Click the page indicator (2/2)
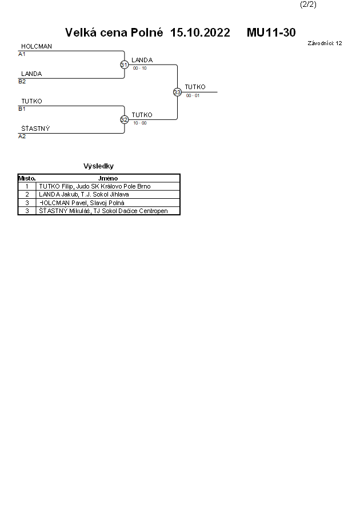(x=308, y=5)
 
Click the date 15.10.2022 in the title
(x=200, y=33)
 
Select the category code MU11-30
(x=271, y=33)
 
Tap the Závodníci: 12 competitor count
(x=325, y=43)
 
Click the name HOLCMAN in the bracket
(x=37, y=46)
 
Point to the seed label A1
(x=22, y=54)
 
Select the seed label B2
(x=22, y=82)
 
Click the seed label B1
(x=22, y=109)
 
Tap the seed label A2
(x=22, y=137)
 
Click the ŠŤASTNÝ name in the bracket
(x=35, y=129)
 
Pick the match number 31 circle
(x=124, y=65)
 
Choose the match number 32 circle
(x=124, y=119)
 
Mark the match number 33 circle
(x=177, y=92)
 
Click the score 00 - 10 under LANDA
(x=140, y=68)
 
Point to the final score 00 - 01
(x=193, y=95)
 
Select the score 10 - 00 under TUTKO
(x=140, y=123)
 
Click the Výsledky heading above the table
(x=98, y=166)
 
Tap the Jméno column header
(x=108, y=178)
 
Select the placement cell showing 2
(x=27, y=194)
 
